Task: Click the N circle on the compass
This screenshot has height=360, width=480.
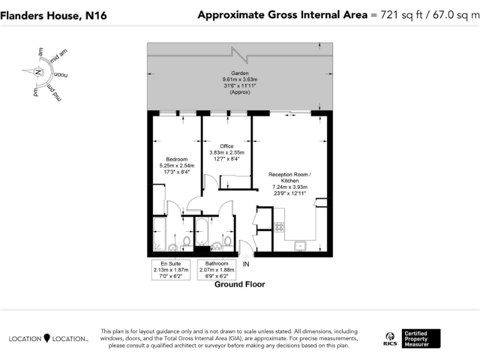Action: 39,72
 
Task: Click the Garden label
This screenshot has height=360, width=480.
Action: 239,72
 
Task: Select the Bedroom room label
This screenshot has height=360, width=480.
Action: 176,159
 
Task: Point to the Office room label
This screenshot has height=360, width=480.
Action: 226,146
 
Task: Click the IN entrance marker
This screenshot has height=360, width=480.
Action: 246,264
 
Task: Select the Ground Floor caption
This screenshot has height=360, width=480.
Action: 239,284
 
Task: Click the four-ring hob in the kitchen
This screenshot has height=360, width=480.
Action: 279,227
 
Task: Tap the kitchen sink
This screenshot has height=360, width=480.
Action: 300,246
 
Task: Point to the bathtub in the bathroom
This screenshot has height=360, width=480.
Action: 202,234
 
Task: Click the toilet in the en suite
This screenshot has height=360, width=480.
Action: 186,240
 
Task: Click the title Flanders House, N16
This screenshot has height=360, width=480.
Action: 53,16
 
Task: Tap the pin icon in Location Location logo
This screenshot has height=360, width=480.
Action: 46,338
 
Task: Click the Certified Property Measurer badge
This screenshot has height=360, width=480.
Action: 422,338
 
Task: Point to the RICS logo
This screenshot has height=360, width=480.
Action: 389,338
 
